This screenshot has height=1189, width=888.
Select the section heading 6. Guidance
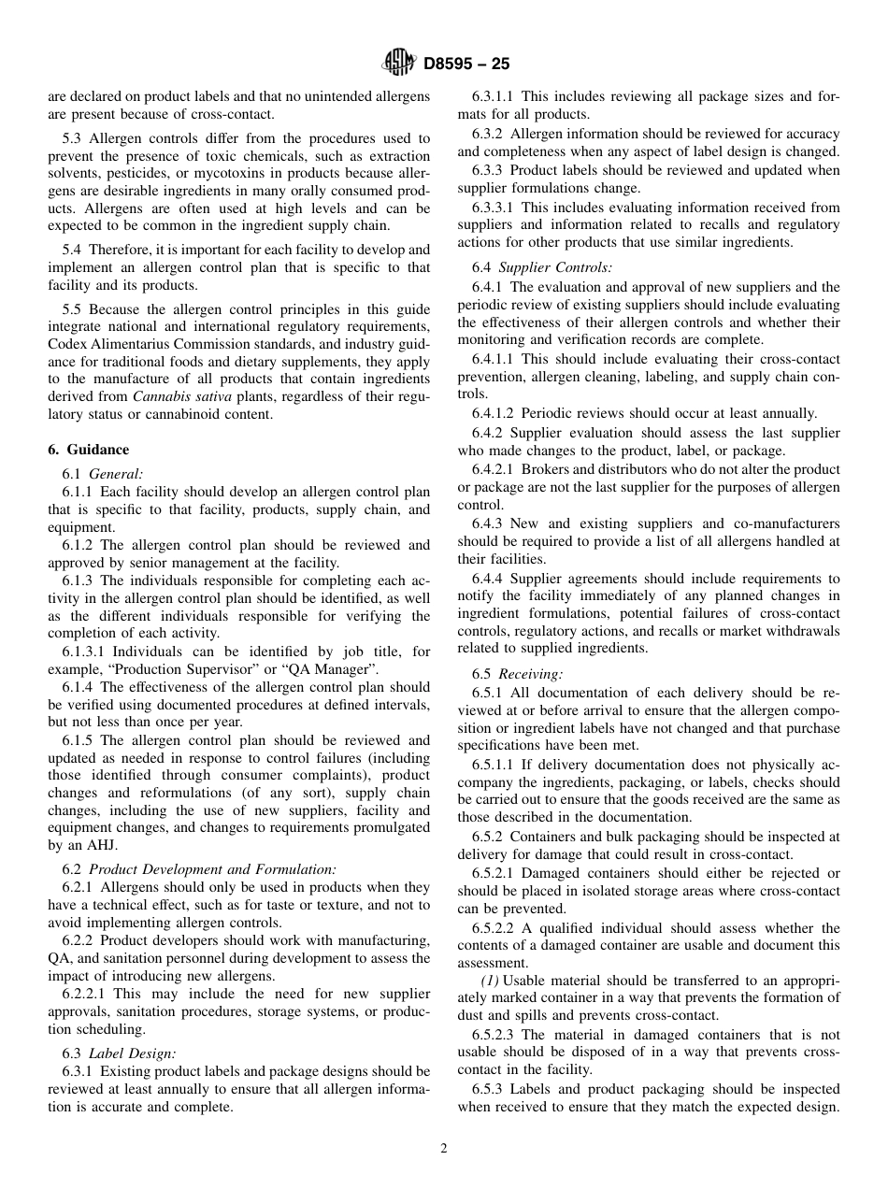tap(88, 450)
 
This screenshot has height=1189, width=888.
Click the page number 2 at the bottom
tap(444, 1149)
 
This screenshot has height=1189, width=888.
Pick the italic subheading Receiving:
tap(529, 674)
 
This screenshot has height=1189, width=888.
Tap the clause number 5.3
tap(74, 138)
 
